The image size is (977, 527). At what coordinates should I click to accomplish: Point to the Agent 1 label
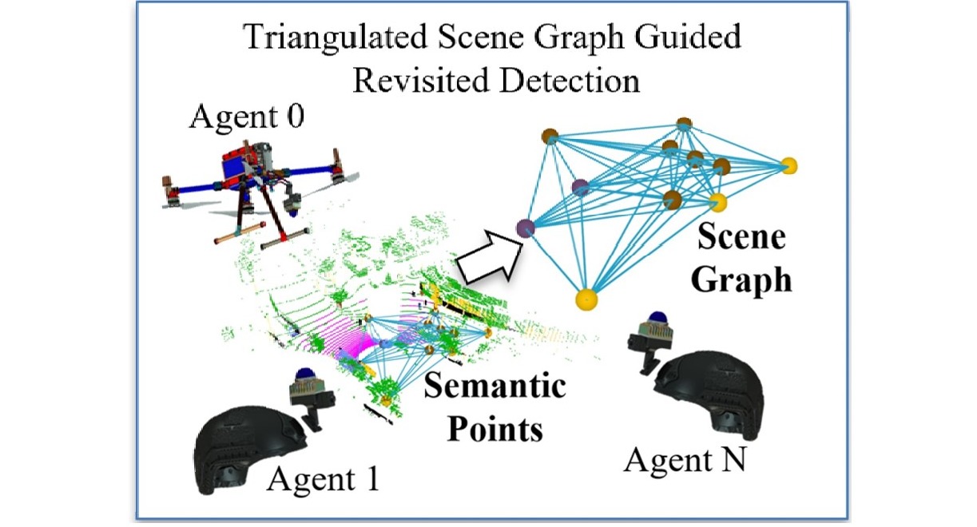tap(323, 479)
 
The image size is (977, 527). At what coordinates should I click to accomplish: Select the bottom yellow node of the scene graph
tap(587, 299)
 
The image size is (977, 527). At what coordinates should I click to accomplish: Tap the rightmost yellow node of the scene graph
tap(789, 166)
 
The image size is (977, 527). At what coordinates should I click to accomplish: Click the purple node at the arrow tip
tap(525, 228)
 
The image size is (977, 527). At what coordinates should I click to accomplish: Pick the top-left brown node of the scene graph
tap(549, 136)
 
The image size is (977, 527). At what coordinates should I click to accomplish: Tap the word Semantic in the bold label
tap(494, 389)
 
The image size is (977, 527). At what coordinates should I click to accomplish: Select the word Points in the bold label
tap(494, 429)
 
